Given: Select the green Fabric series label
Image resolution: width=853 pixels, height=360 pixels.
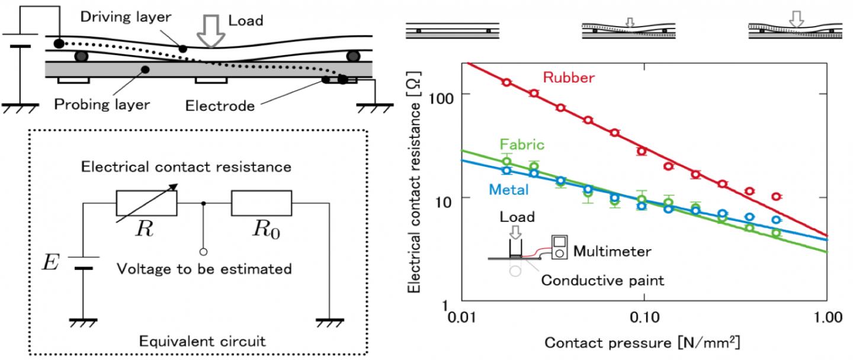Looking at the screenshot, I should pos(522,144).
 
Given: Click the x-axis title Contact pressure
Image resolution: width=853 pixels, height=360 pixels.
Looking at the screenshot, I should pos(643,343).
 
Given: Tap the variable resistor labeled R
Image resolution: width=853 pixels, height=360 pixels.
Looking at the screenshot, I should pos(146,203).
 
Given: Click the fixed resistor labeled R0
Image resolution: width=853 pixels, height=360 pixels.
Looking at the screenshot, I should pos(261,203).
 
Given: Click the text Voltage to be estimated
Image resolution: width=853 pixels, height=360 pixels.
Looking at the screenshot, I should pos(204,269).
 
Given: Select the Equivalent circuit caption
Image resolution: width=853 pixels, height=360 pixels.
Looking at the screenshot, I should pos(202,341).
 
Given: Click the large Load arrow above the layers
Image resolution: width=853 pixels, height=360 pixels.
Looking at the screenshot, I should pos(211,33).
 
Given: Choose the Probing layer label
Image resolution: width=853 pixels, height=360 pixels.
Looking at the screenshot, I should pos(102,105).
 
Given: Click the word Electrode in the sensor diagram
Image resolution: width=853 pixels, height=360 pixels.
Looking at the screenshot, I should pos(220,105).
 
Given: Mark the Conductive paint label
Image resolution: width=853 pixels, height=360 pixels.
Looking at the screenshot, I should pos(603,280).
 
